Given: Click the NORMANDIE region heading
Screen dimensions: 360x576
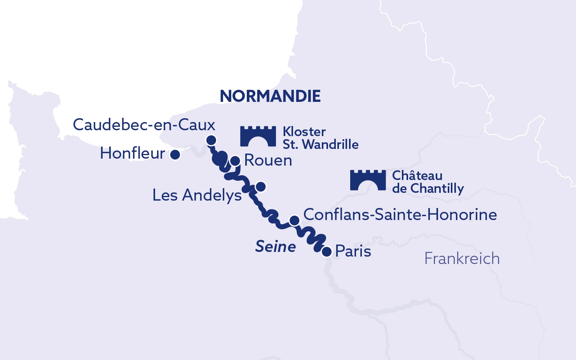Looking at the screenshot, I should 270,96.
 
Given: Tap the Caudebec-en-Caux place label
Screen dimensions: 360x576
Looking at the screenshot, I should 144,125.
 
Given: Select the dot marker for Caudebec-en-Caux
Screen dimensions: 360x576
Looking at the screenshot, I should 211,140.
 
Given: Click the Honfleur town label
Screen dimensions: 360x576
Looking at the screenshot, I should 133,154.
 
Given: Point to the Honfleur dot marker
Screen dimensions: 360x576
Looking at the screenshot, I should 175,155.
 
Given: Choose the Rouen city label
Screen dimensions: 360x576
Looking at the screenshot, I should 268,161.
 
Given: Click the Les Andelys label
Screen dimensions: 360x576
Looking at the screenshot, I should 197,195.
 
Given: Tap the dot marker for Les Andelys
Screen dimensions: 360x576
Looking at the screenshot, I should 261,187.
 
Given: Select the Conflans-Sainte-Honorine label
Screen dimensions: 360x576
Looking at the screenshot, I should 400,215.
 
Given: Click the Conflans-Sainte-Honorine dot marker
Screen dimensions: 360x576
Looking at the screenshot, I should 295,220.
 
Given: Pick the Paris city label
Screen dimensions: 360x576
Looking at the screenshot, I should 353,251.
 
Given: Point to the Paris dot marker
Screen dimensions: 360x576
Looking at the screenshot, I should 327,252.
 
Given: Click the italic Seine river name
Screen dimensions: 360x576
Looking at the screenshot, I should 275,246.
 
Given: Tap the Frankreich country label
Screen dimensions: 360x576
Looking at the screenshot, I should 462,259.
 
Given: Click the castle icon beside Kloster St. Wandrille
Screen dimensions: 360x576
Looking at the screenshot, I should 258,136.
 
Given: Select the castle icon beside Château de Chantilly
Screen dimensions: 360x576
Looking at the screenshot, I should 368,180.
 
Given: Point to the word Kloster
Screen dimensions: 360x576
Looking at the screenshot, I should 304,132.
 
